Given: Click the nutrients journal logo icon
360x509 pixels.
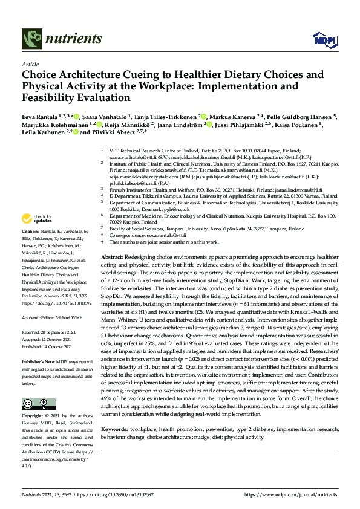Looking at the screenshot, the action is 31,39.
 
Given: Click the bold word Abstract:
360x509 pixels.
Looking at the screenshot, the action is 114,257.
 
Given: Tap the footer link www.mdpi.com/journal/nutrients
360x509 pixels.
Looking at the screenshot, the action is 290,494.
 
